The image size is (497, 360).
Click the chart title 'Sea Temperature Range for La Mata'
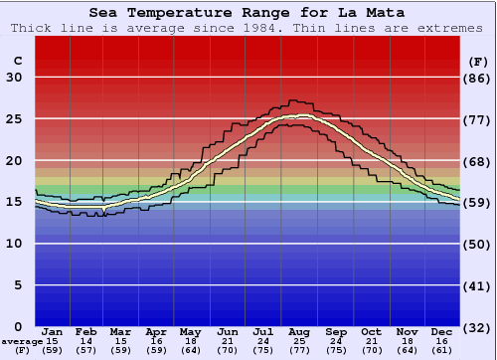[x=248, y=13]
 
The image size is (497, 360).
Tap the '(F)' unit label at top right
[x=478, y=62]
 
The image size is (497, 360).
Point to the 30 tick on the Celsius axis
[x=15, y=78]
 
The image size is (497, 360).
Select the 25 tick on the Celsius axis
[x=15, y=119]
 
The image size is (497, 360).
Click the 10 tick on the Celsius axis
[x=15, y=244]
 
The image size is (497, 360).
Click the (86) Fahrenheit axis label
[x=478, y=78]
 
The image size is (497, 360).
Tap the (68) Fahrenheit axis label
[x=478, y=161]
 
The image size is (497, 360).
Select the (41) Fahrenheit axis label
[x=478, y=285]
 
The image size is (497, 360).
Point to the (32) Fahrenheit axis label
[x=478, y=327]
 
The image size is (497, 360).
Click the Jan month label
[x=53, y=331]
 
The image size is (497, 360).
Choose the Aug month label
[x=300, y=331]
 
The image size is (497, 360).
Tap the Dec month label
[x=442, y=331]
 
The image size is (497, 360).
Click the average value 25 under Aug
[x=300, y=341]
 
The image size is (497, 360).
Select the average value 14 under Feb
[x=86, y=341]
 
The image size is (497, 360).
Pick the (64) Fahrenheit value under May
[x=190, y=350]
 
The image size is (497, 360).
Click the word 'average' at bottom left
[x=21, y=341]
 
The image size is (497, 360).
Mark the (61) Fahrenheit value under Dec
[x=442, y=350]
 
